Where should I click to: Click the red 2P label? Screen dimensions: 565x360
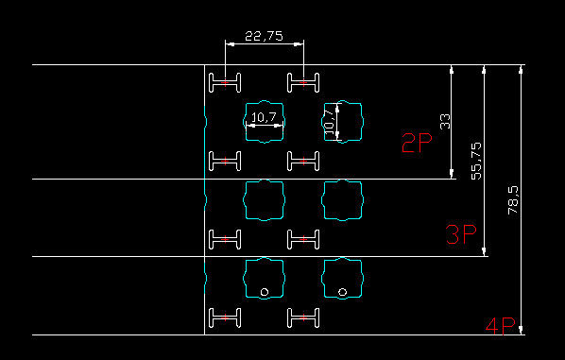(417, 143)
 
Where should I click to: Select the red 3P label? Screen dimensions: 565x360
(461, 234)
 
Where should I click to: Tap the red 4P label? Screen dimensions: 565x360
(501, 327)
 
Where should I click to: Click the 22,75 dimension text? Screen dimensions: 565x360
(264, 36)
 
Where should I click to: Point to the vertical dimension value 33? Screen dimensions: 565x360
(445, 122)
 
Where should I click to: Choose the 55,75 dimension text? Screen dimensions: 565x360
(476, 161)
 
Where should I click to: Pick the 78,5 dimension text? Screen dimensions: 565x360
(513, 200)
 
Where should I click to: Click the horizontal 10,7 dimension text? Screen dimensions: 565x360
(264, 117)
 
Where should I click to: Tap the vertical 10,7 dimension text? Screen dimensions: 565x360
(329, 122)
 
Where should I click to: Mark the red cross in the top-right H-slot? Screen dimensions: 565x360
(303, 83)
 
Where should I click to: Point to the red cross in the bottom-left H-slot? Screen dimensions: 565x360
(225, 317)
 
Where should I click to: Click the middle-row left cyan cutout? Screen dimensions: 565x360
(246, 200)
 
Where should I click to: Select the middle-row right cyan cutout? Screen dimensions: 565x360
(325, 200)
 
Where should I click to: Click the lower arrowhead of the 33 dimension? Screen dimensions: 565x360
(452, 174)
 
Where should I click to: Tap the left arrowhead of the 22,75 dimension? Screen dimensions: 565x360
(230, 44)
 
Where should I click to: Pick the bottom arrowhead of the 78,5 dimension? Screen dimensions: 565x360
(521, 330)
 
